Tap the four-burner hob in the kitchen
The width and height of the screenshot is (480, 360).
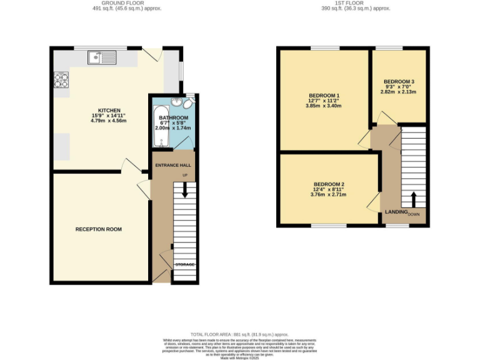(x=62, y=79)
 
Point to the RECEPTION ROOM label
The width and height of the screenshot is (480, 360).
(x=99, y=229)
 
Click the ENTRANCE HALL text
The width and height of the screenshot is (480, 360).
(x=172, y=165)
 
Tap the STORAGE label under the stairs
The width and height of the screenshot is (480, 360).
(x=184, y=265)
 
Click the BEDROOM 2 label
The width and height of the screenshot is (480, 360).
(x=328, y=184)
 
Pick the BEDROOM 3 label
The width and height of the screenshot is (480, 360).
(x=399, y=81)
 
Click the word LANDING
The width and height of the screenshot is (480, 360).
(x=396, y=213)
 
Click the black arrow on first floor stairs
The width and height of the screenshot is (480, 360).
(x=412, y=199)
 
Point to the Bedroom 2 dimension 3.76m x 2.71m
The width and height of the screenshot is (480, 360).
(x=328, y=194)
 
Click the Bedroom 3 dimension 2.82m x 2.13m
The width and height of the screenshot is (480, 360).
(x=399, y=92)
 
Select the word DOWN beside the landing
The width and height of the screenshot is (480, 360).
(x=414, y=214)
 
